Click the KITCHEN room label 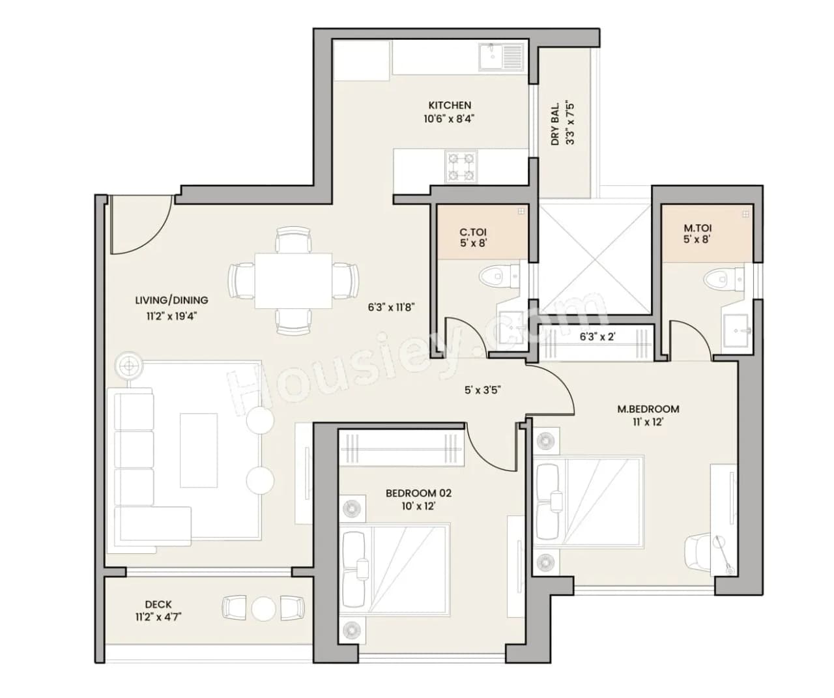(450, 105)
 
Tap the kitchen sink (500, 57)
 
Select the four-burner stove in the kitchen (461, 166)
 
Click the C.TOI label (472, 232)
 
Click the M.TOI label (697, 228)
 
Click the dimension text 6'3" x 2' (597, 338)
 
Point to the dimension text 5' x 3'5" (482, 390)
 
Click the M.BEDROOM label (648, 409)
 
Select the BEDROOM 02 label (418, 493)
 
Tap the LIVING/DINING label (171, 300)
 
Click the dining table (293, 280)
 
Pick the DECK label (158, 605)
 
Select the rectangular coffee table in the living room (199, 450)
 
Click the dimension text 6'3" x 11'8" (391, 307)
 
